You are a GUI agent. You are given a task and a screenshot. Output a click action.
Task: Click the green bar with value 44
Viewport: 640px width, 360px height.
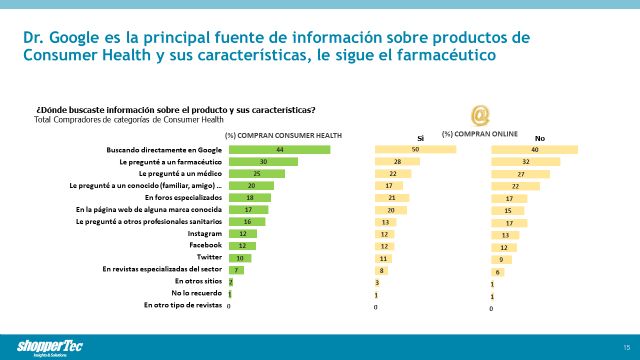(x=279, y=150)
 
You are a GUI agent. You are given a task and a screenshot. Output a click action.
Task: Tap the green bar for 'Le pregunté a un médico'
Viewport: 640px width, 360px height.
(x=256, y=174)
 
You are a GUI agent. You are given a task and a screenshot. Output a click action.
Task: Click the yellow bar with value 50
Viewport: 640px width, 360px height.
(x=415, y=150)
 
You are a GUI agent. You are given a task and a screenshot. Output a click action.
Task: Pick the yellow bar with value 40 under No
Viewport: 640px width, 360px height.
(x=534, y=150)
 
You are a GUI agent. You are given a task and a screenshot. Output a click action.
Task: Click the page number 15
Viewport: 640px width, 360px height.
(x=625, y=347)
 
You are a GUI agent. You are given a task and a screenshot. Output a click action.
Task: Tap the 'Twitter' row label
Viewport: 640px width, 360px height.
(x=207, y=257)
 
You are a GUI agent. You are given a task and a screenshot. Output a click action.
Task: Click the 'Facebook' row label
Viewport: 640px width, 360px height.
(x=205, y=245)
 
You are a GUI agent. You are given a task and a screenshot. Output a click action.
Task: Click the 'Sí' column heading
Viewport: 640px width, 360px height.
(x=421, y=137)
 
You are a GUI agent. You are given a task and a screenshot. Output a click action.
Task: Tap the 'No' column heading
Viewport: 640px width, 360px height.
(x=540, y=137)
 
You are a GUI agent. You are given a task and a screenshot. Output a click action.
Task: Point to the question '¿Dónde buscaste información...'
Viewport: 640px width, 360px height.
(x=176, y=109)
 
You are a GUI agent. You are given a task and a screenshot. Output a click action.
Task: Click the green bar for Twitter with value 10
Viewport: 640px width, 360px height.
(x=240, y=257)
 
